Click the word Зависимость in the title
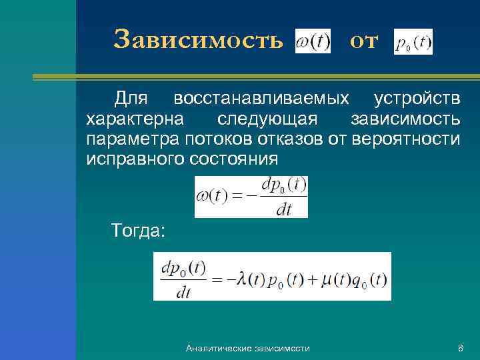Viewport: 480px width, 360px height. point(198,40)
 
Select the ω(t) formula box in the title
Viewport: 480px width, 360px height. point(313,41)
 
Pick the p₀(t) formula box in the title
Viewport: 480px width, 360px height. point(413,42)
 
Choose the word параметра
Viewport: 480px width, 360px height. point(131,139)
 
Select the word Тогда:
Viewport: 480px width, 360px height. point(140,231)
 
